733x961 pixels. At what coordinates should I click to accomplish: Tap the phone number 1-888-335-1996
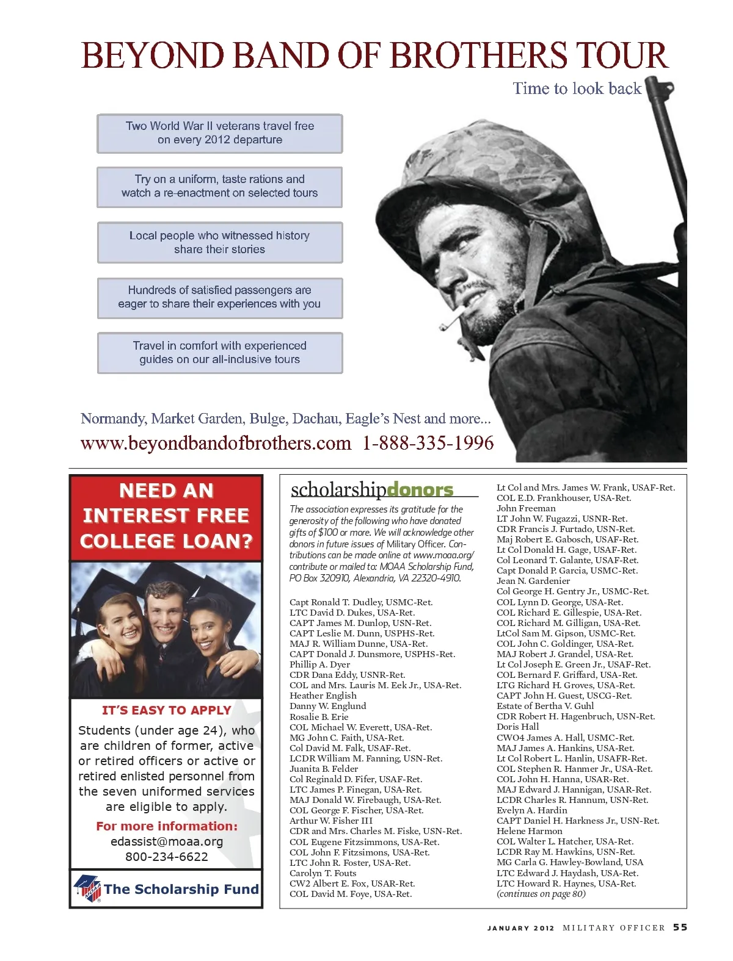pos(428,443)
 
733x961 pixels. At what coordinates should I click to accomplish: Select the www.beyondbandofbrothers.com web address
pos(216,443)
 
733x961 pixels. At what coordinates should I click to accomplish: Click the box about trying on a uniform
pos(219,187)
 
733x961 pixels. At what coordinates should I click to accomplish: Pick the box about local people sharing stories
pos(220,243)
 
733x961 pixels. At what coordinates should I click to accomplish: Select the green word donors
pos(420,489)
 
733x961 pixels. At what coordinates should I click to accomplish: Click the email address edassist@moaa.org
pos(167,841)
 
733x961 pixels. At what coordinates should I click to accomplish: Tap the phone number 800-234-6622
pos(167,857)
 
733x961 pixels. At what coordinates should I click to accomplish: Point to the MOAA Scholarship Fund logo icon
pos(87,888)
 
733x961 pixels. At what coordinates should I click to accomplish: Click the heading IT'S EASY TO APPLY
pos(167,710)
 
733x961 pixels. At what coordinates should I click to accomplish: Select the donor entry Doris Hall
pos(517,727)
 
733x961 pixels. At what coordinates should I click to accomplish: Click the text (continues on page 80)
pos(541,894)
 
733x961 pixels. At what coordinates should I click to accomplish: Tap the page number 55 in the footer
pos(680,927)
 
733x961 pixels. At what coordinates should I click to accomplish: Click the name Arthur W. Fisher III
pos(330,821)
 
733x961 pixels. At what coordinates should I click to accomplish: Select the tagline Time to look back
pos(577,89)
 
